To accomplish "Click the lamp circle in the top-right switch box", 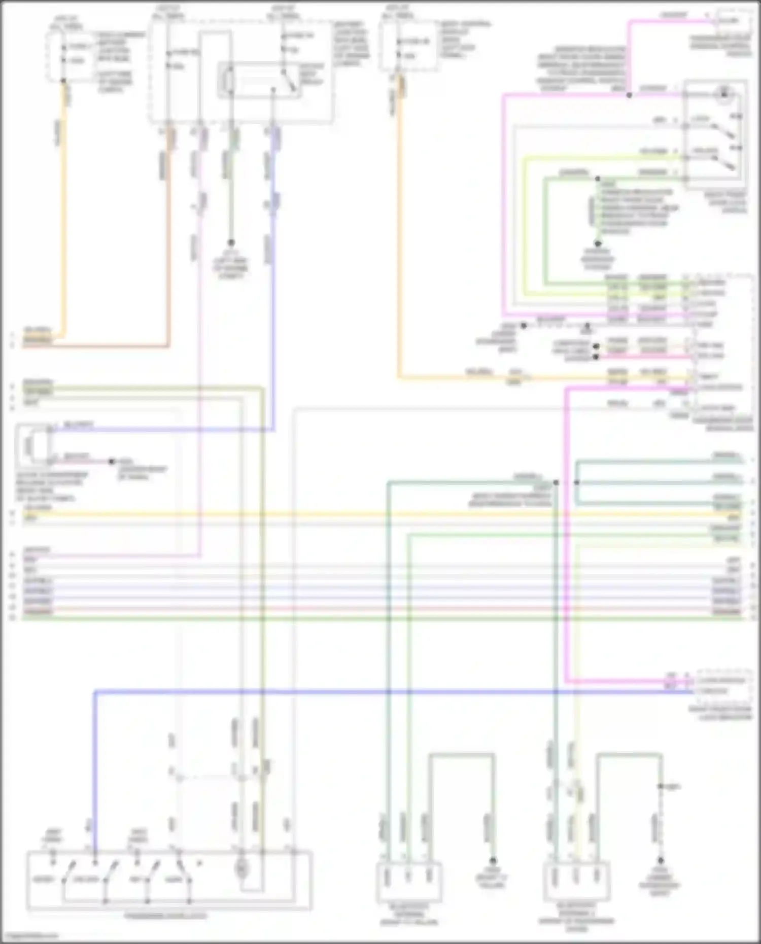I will coord(724,94).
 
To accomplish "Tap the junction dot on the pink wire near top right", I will coord(629,95).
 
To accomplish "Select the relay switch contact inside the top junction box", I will coord(290,81).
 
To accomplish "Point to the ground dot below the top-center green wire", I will coord(231,242).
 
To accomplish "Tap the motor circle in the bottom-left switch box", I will coord(241,868).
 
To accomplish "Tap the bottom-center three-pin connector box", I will coord(409,881).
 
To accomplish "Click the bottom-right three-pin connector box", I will coord(576,881).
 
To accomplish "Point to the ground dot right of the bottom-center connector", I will coord(492,860).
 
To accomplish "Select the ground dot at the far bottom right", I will coord(661,860).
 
